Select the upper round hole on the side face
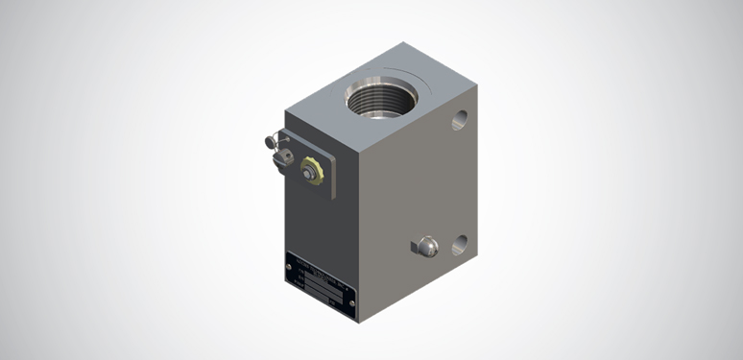(x=460, y=119)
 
